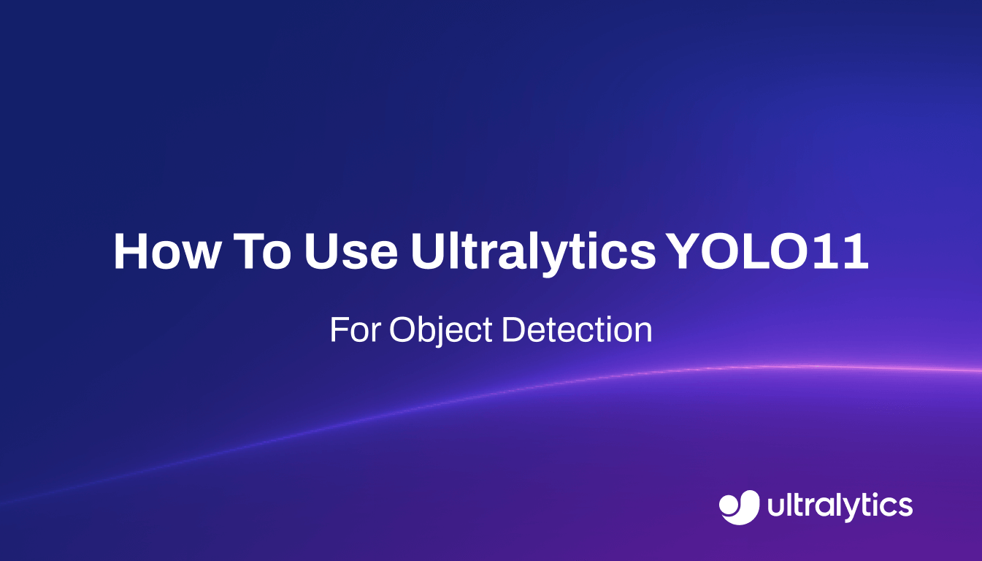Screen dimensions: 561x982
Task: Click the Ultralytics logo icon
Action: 740,506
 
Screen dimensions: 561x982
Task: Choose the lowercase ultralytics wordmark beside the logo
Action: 840,505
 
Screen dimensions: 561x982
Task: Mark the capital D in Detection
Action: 513,330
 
